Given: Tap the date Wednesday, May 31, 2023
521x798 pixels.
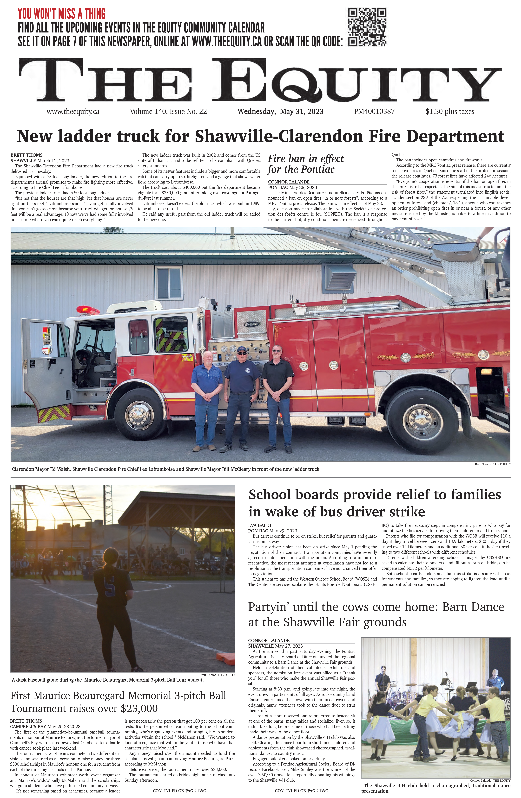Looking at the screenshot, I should pyautogui.click(x=280, y=111).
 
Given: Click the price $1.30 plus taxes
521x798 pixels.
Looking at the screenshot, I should pyautogui.click(x=450, y=111).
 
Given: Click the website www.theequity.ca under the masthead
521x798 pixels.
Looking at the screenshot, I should pyautogui.click(x=73, y=111).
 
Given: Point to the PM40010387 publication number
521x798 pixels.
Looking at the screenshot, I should pyautogui.click(x=374, y=111).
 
